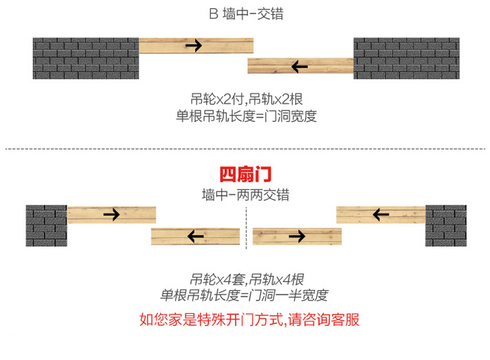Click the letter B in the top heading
213,14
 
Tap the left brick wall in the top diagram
86,58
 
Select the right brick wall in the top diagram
406,58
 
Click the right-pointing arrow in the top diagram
194,45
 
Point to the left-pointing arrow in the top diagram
300,66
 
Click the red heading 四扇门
246,173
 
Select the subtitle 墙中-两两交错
246,195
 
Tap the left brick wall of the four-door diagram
46,226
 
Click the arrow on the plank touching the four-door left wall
111,215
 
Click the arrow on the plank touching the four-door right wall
381,215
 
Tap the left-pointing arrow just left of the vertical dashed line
195,236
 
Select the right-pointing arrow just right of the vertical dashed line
296,236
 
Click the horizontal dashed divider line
245,149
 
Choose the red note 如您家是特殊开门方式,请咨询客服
249,320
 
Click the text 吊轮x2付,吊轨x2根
246,99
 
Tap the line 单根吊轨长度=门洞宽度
246,115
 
